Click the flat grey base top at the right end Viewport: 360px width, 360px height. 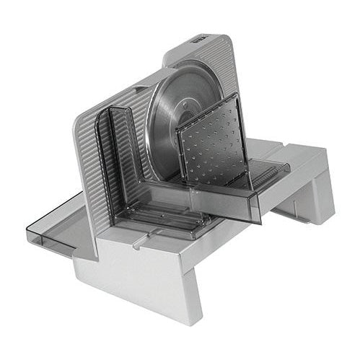[303, 155]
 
